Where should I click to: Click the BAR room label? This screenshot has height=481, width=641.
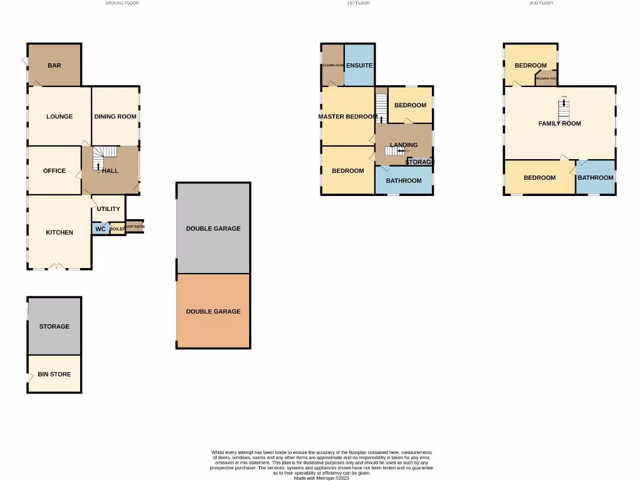54,65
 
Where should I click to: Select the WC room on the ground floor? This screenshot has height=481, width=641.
101,229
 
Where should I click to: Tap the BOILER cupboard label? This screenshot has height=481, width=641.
117,229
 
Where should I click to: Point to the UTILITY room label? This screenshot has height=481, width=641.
108,209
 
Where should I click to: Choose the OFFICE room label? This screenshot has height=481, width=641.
54,170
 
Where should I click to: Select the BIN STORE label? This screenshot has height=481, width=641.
54,374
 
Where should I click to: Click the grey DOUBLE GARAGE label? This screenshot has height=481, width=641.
213,229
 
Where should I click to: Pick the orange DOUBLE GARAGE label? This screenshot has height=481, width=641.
213,311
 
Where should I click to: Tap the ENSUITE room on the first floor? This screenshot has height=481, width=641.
359,65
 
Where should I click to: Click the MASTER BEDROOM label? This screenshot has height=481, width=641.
347,116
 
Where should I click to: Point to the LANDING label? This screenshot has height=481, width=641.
404,145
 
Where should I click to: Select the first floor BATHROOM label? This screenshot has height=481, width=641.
404,181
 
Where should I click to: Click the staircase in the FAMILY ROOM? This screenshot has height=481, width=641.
564,110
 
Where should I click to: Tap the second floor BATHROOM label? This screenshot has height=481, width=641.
595,177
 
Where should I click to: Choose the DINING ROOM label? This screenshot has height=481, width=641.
115,116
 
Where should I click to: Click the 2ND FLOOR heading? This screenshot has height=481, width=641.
541,3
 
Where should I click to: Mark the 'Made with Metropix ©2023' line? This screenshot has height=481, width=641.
322,478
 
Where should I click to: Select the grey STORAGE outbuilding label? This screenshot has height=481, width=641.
54,326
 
